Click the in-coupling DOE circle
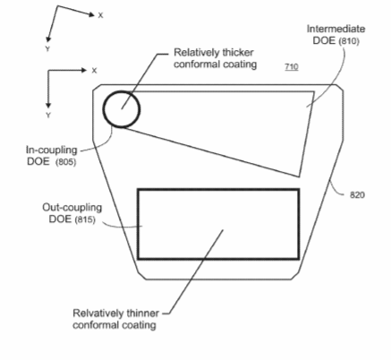pyautogui.click(x=103, y=109)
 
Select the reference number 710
pyautogui.click(x=292, y=66)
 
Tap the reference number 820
pyautogui.click(x=357, y=195)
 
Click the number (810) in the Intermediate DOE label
pyautogui.click(x=349, y=40)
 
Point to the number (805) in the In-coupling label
pyautogui.click(x=65, y=162)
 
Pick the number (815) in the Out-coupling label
pyautogui.click(x=85, y=219)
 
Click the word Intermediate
pyautogui.click(x=336, y=29)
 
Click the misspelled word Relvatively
pyautogui.click(x=98, y=313)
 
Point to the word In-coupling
pyautogui.click(x=52, y=150)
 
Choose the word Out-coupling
pyautogui.click(x=72, y=208)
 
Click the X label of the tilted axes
pyautogui.click(x=100, y=15)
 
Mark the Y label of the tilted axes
pyautogui.click(x=47, y=49)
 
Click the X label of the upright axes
pyautogui.click(x=94, y=71)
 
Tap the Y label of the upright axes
pyautogui.click(x=48, y=115)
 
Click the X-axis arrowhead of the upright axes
pyautogui.click(x=84, y=70)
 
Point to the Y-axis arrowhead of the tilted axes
pyautogui.click(x=48, y=39)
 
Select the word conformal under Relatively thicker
pyautogui.click(x=197, y=64)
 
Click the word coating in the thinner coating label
pyautogui.click(x=138, y=325)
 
